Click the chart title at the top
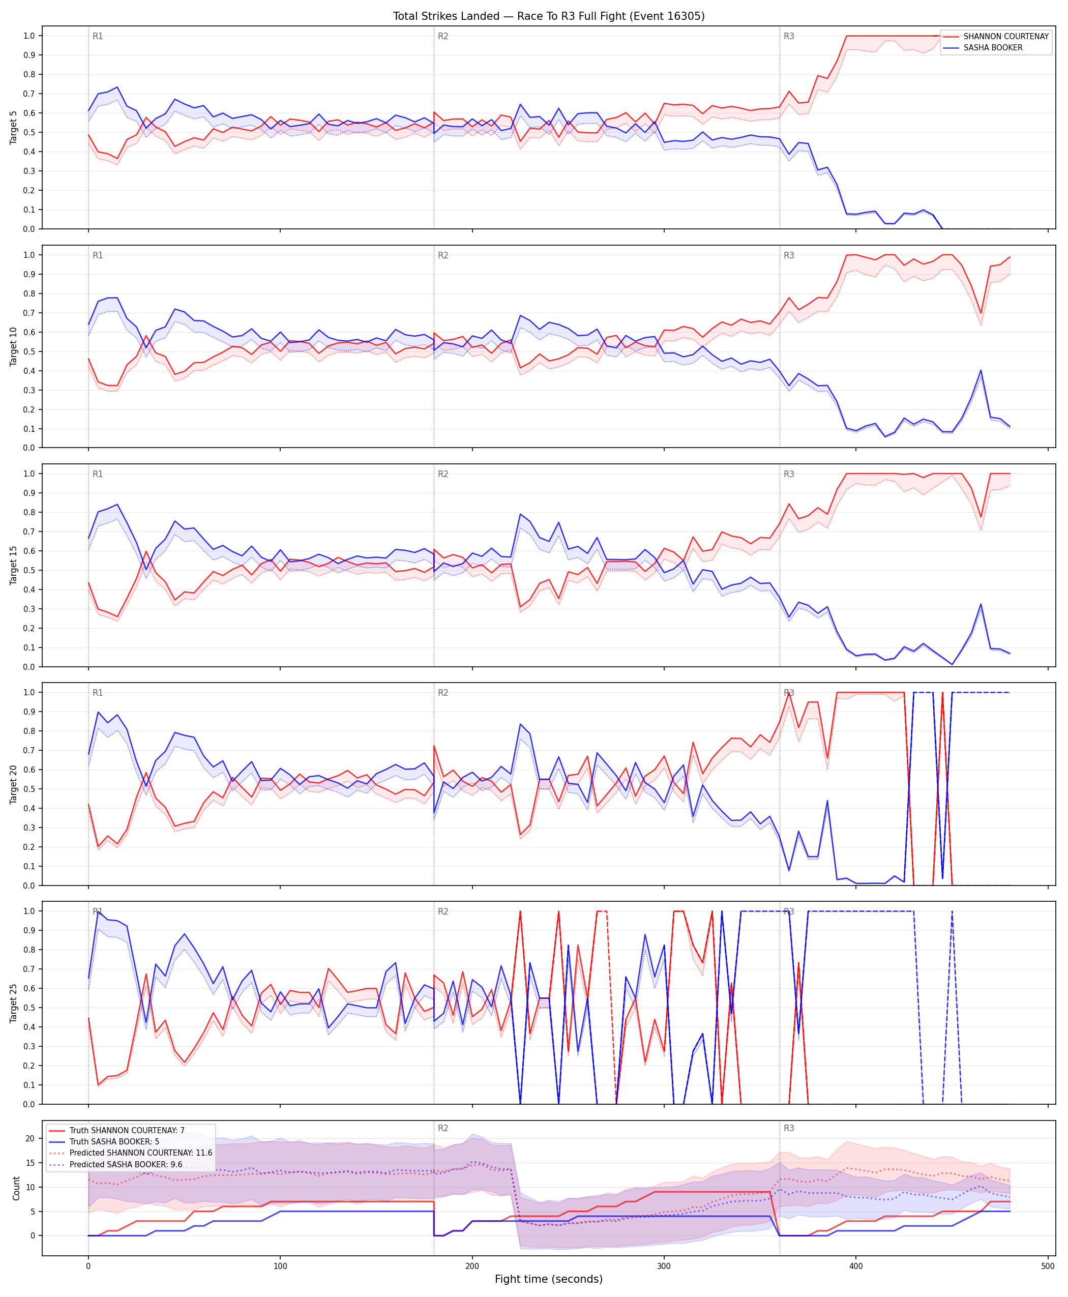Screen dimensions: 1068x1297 pyautogui.click(x=549, y=16)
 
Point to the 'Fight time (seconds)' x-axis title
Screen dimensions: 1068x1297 pyautogui.click(x=549, y=1279)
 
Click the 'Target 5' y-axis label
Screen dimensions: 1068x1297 pyautogui.click(x=14, y=127)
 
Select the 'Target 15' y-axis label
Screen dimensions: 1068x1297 pyautogui.click(x=14, y=565)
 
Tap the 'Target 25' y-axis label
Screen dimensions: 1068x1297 pyautogui.click(x=14, y=1003)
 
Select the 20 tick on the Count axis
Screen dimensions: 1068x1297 pyautogui.click(x=30, y=1138)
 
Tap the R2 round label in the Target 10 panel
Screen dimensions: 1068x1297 pyautogui.click(x=443, y=255)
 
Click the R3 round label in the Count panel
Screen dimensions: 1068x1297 pyautogui.click(x=789, y=1129)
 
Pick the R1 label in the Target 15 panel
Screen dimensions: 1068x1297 pyautogui.click(x=98, y=475)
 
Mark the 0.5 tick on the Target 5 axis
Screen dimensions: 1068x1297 pyautogui.click(x=29, y=132)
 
